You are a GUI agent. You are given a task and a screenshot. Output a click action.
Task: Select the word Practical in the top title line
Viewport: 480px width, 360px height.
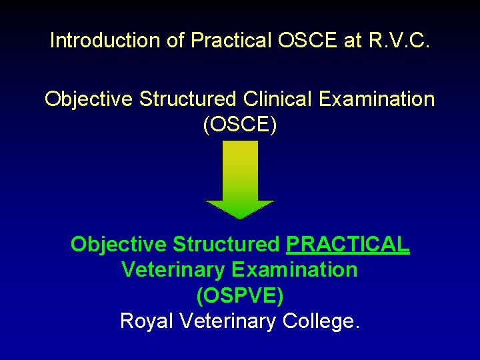point(230,41)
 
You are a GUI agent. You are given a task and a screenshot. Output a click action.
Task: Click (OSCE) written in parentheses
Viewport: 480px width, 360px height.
point(239,125)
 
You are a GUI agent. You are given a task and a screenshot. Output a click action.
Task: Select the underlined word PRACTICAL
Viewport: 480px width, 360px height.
point(347,245)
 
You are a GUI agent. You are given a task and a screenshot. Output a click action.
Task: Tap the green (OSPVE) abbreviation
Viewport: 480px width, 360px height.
point(239,295)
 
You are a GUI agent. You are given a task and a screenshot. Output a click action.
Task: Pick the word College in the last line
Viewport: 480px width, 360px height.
point(321,321)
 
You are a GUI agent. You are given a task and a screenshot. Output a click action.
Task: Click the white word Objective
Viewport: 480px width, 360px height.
point(89,99)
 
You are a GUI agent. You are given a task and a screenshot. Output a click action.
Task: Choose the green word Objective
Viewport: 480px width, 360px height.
point(118,245)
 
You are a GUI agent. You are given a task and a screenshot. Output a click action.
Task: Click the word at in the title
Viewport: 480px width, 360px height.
point(353,41)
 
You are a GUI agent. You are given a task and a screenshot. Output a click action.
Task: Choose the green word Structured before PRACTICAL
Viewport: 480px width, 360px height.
point(226,245)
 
